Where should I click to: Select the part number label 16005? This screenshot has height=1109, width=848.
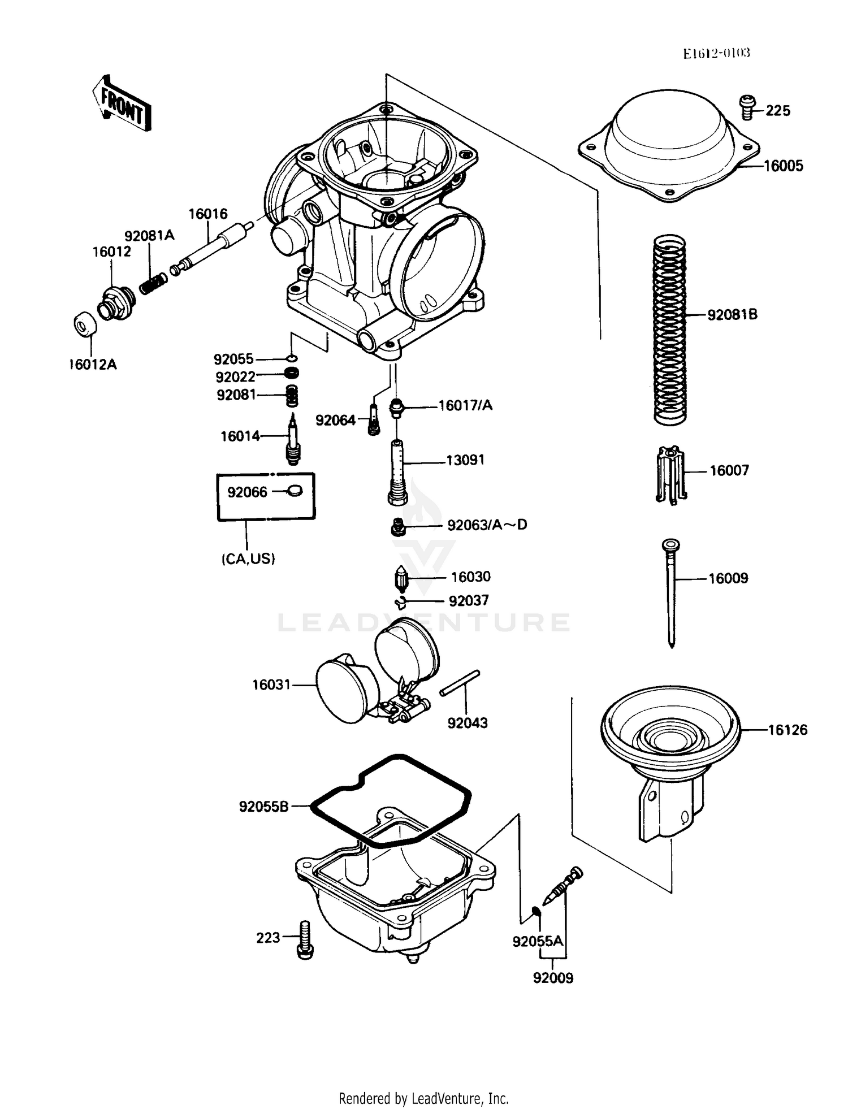click(783, 166)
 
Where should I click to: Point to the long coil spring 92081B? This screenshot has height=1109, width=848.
click(670, 331)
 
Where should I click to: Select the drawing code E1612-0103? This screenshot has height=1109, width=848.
click(716, 54)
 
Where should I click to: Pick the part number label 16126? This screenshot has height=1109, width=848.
click(788, 730)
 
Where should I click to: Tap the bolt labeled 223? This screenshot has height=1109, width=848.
click(305, 939)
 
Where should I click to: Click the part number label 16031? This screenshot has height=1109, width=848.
click(271, 685)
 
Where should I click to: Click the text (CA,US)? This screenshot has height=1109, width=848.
click(248, 559)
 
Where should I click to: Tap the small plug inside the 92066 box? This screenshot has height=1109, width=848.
click(295, 491)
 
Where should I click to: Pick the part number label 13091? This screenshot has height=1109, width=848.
click(465, 460)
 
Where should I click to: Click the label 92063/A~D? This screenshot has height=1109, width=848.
click(487, 525)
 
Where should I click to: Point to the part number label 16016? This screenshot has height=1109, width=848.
click(207, 214)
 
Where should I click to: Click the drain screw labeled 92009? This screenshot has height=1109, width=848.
click(563, 888)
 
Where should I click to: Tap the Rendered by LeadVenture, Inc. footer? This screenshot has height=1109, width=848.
click(423, 1098)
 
